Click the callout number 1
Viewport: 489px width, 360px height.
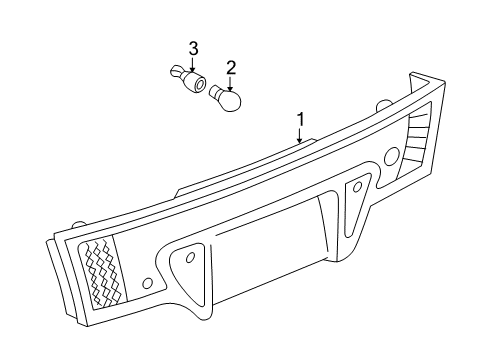[x=301, y=120]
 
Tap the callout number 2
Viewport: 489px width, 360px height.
[x=231, y=68]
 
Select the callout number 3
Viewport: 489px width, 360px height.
[x=193, y=49]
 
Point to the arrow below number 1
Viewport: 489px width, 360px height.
[x=300, y=135]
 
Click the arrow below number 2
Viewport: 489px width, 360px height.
[x=230, y=83]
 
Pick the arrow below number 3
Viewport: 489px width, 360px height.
[x=192, y=64]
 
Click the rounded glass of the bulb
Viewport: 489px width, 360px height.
[x=230, y=100]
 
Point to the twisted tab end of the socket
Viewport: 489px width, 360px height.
[x=175, y=71]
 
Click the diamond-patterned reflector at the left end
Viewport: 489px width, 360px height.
[x=102, y=271]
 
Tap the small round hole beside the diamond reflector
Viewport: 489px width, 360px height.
[x=147, y=283]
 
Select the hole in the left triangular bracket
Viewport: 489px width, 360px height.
[x=190, y=257]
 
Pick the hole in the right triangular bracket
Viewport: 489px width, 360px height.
[x=357, y=187]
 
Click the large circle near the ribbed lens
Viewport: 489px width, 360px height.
[x=392, y=156]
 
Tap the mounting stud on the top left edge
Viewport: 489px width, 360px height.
[x=78, y=224]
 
